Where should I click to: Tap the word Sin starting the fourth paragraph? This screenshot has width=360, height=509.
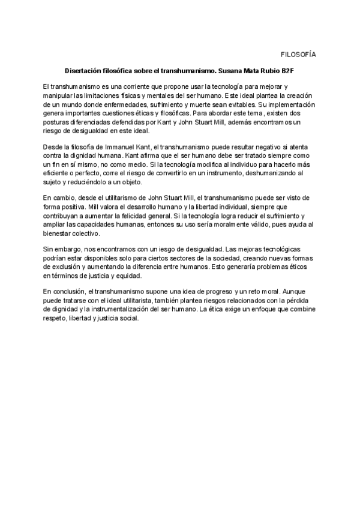[49, 250]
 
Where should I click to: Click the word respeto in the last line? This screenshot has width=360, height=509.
[58, 318]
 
